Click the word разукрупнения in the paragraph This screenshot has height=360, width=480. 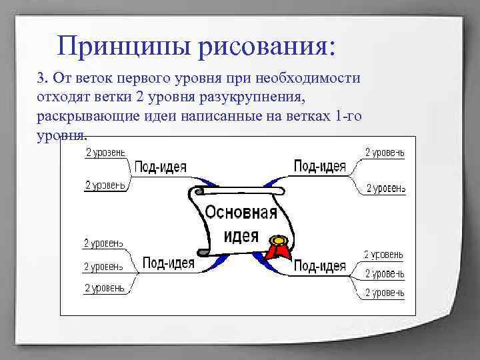pos(257,97)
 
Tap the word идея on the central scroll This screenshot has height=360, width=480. pos(241,235)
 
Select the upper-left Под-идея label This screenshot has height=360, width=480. pos(160,166)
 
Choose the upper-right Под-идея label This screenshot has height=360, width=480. pos(319,165)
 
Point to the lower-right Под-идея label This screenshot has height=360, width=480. pos(319,266)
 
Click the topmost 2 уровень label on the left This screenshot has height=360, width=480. pos(105,153)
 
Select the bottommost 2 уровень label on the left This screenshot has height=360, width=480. pos(104,288)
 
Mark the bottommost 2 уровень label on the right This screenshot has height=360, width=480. pos(383,292)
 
